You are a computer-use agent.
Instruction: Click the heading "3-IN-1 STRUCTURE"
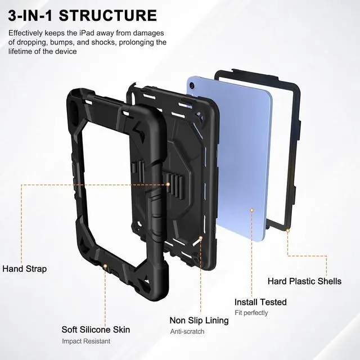pos(83,15)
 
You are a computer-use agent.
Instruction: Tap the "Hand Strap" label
pos(24,269)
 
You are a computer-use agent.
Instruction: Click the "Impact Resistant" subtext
pos(86,341)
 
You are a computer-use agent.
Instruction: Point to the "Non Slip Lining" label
pos(199,320)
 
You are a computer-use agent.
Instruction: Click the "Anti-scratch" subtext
pos(188,331)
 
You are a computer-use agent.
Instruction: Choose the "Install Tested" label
pos(260,302)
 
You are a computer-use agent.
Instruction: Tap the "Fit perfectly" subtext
pos(251,313)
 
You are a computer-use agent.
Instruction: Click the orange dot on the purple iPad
pos(251,210)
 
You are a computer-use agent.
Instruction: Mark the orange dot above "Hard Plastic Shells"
pos(287,230)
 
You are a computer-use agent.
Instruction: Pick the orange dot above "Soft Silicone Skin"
pos(105,265)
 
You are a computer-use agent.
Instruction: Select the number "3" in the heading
pos(14,15)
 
